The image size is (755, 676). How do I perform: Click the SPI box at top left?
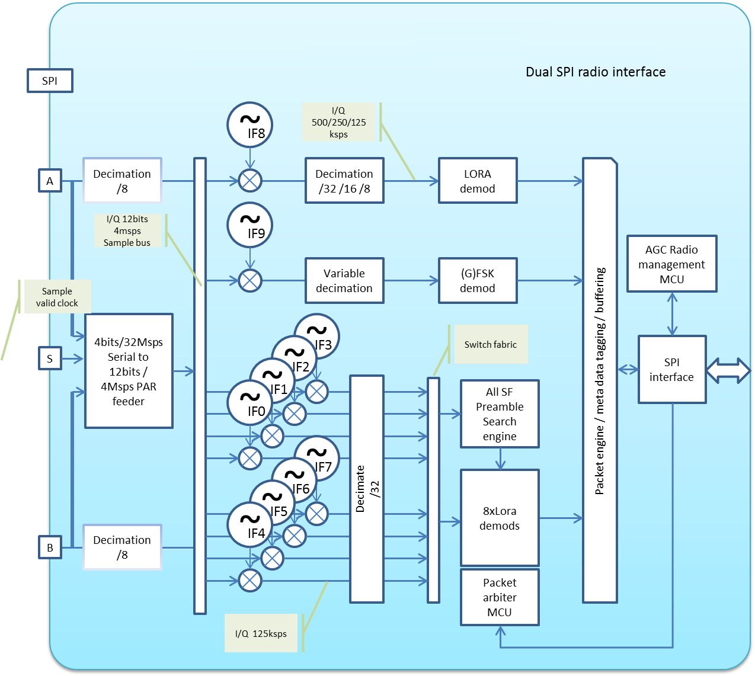coord(50,81)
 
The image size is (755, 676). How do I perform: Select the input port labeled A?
coord(50,181)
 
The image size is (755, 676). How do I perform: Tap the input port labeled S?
coord(50,358)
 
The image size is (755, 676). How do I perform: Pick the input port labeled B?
coord(50,547)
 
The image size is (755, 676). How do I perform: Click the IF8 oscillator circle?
coord(249,125)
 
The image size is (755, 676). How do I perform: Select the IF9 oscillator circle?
coord(249,225)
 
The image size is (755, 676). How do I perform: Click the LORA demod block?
coord(478,181)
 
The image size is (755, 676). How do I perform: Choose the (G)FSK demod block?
coord(478,280)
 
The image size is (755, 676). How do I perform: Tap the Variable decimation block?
coord(344,280)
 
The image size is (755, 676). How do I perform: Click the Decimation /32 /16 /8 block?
coord(344,181)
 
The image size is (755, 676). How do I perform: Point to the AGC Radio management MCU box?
coord(671,264)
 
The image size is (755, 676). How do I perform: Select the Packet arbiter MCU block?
coord(500,597)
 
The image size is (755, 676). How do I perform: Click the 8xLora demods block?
coord(500,518)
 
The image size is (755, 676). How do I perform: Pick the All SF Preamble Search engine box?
coord(500,414)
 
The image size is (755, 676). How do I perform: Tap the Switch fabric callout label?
coord(490,344)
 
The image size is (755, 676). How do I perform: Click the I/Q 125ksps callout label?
coord(261,633)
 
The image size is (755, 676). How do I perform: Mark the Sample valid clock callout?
coord(56,297)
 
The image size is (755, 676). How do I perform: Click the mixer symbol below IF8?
coord(250,180)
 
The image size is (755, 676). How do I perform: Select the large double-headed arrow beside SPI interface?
coord(728,370)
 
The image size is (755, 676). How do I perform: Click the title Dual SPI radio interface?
coord(596,72)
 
